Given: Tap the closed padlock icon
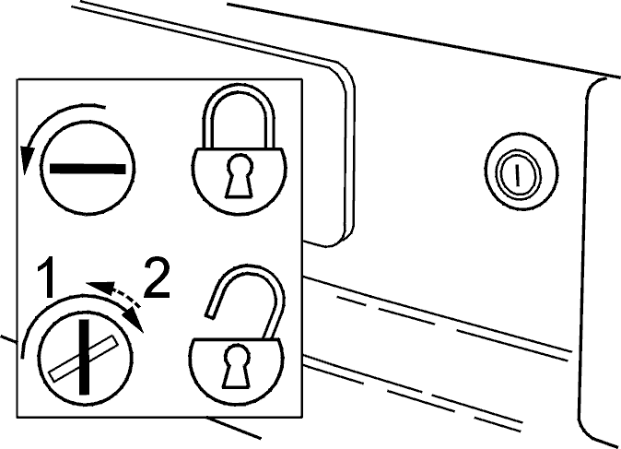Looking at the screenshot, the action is tap(239, 148).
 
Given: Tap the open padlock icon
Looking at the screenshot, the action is tap(237, 335).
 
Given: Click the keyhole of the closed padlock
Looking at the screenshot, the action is tap(239, 175).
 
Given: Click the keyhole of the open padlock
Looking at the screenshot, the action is tap(237, 366).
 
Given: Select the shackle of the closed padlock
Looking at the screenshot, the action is tap(239, 115).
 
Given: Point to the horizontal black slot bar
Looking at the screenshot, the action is tap(88, 169).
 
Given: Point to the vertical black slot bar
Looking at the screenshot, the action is tap(84, 357).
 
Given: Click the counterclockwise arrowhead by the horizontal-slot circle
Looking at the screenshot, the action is tap(27, 160).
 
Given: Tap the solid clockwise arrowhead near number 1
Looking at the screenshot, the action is tap(134, 320).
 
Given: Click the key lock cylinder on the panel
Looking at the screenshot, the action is tap(521, 171).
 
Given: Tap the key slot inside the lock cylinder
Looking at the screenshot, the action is tap(517, 175).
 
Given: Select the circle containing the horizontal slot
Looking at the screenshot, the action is tap(88, 168).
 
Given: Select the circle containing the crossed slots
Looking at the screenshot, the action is tap(85, 357).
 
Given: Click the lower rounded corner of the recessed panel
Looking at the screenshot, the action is tap(342, 237).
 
